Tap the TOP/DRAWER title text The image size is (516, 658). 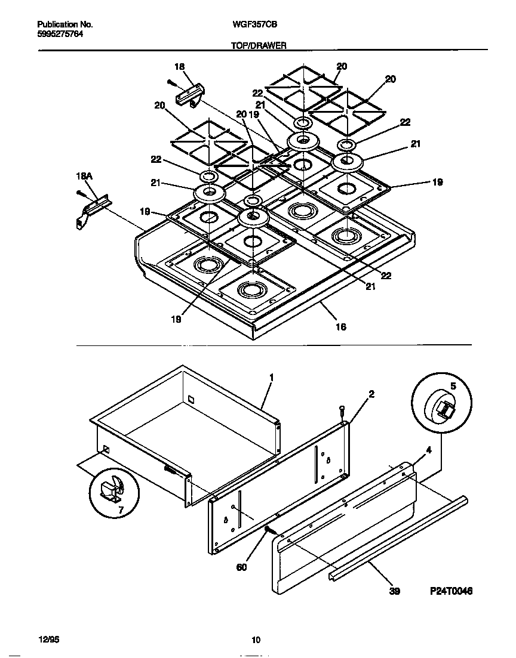click(x=259, y=45)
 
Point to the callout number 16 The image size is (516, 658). click(x=340, y=326)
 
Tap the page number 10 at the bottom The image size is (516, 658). click(x=256, y=640)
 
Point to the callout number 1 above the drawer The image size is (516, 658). click(x=271, y=378)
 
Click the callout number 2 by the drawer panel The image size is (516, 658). click(x=371, y=394)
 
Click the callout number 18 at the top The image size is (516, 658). click(x=179, y=67)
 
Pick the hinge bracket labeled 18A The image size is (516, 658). click(x=91, y=209)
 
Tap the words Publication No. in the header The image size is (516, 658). click(x=64, y=24)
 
